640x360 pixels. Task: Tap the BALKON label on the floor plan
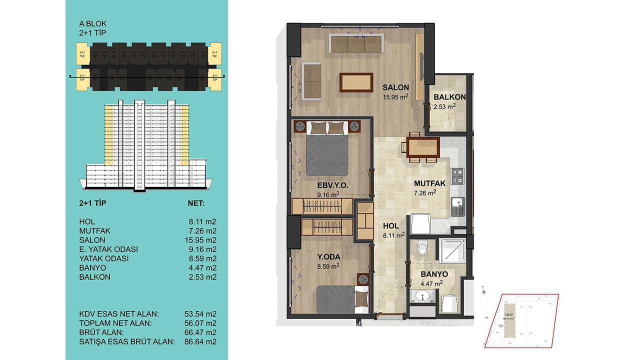tap(449, 97)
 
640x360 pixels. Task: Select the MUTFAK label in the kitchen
tap(429, 183)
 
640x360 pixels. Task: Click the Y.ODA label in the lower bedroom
tap(328, 257)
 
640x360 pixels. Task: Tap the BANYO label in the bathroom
tap(433, 274)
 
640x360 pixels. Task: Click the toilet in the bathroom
tap(423, 247)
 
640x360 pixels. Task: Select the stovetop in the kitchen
tap(457, 175)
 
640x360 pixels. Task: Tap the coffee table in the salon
tap(355, 82)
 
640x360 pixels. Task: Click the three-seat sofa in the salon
tap(355, 43)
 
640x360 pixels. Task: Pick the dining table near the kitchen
tap(423, 147)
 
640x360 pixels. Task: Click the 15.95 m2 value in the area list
tap(200, 240)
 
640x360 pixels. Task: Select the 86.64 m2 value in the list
tap(200, 341)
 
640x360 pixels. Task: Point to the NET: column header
tap(195, 203)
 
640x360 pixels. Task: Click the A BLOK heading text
tap(93, 23)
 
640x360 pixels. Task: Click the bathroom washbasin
tap(423, 297)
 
